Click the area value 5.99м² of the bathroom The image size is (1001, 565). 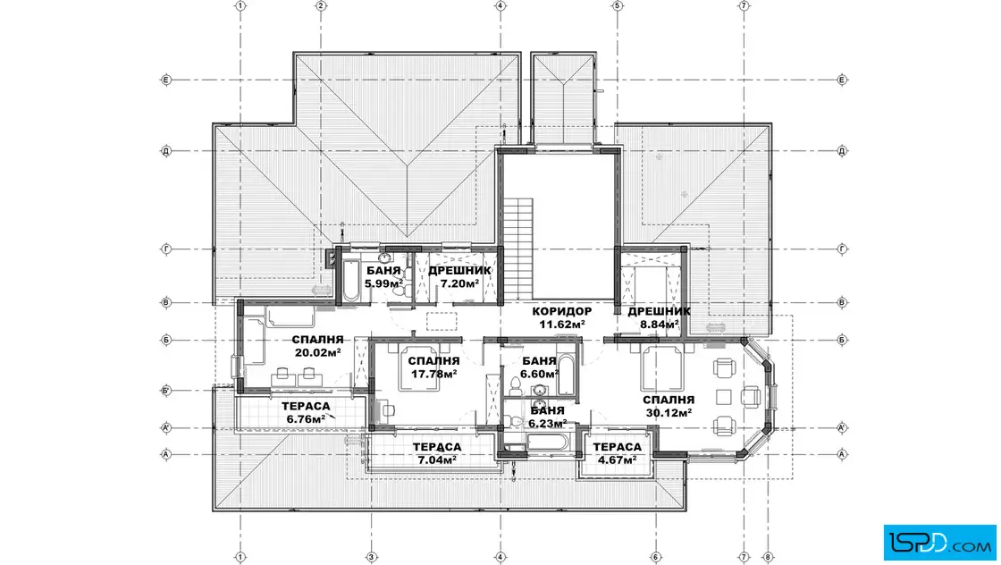[383, 283]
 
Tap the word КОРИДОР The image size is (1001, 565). [562, 311]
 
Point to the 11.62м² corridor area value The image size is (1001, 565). [562, 324]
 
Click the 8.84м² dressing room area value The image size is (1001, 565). [660, 324]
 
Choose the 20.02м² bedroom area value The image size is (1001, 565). [317, 351]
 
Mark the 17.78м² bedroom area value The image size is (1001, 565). [433, 374]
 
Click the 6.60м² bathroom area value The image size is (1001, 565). [539, 374]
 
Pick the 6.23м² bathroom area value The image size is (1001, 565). [547, 423]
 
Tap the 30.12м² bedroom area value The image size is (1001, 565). [669, 412]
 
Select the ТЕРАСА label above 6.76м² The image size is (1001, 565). [306, 406]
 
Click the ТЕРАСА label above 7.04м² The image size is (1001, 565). [437, 447]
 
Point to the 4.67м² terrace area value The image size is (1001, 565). [617, 460]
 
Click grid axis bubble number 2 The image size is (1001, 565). [321, 5]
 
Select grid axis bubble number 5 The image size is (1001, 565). [617, 5]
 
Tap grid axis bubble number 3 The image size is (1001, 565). [372, 557]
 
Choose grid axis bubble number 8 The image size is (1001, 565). [768, 557]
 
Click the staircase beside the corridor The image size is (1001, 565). [517, 247]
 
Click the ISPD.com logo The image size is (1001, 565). [939, 542]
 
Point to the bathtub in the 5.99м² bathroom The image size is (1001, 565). [350, 281]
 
